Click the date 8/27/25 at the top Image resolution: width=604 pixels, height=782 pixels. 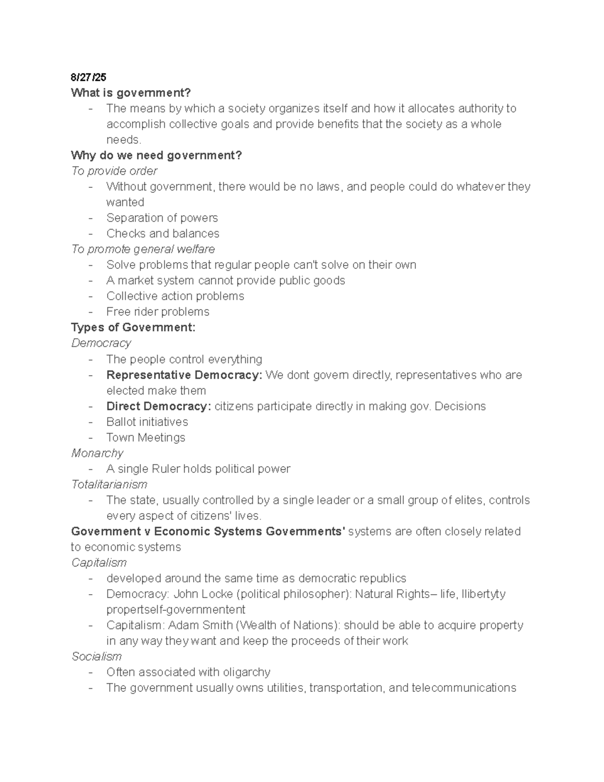pyautogui.click(x=89, y=77)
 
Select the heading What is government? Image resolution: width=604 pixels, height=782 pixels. pyautogui.click(x=131, y=93)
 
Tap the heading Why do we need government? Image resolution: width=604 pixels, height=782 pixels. pyautogui.click(x=157, y=155)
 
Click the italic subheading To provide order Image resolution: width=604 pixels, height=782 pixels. pyautogui.click(x=114, y=171)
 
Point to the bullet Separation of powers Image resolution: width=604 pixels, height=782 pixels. pyautogui.click(x=162, y=218)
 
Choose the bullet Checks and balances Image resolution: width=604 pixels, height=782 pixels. pyautogui.click(x=163, y=233)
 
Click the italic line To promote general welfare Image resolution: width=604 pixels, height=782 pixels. pyautogui.click(x=143, y=249)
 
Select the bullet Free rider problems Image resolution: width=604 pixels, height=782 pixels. pyautogui.click(x=158, y=312)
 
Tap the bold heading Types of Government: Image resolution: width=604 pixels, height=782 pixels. pyautogui.click(x=133, y=327)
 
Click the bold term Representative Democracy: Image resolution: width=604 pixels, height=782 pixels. pyautogui.click(x=184, y=375)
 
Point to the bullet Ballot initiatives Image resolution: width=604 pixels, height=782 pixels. pyautogui.click(x=147, y=421)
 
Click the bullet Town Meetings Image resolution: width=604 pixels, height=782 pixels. pyautogui.click(x=145, y=437)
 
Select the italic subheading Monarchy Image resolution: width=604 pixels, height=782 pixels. pyautogui.click(x=97, y=453)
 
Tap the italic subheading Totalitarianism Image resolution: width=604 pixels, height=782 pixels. pyautogui.click(x=109, y=484)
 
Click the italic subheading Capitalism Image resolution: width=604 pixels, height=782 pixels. pyautogui.click(x=99, y=562)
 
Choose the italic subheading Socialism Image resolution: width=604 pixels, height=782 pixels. pyautogui.click(x=97, y=656)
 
